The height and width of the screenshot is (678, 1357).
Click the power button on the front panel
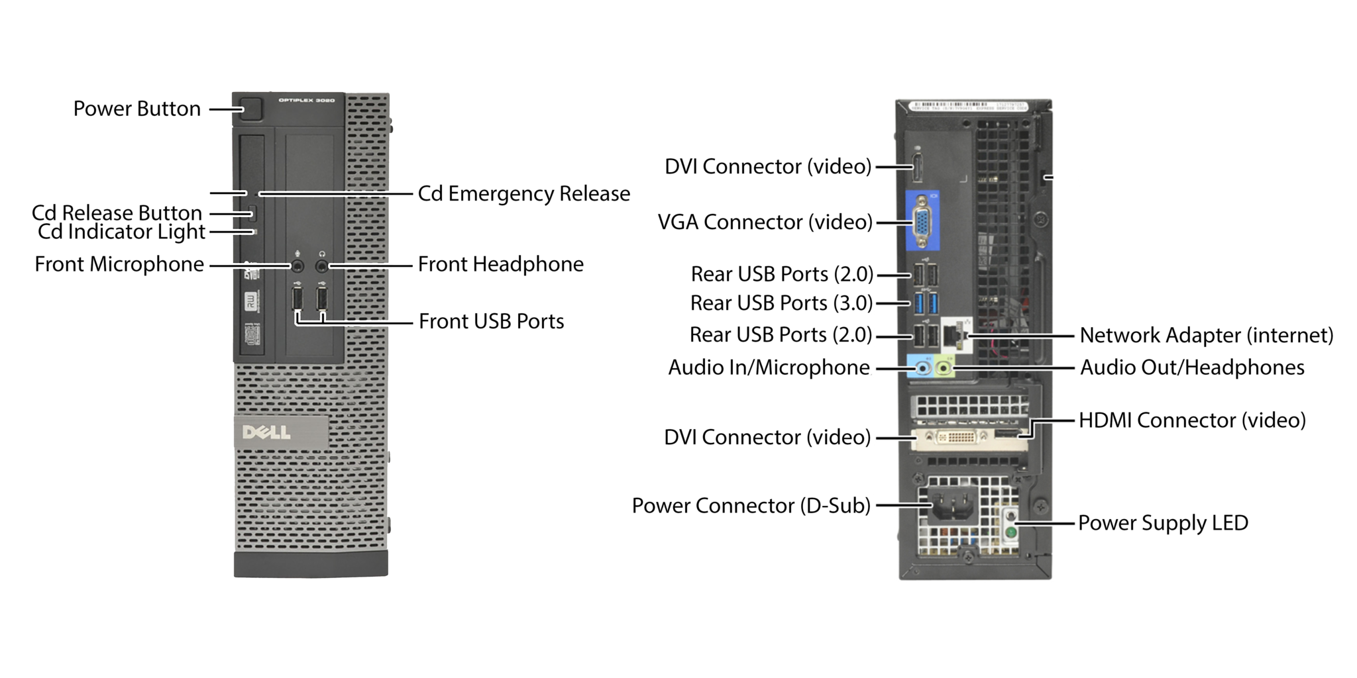(x=252, y=109)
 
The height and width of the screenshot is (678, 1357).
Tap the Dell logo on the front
(x=266, y=432)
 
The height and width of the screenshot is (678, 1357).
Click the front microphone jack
(x=298, y=266)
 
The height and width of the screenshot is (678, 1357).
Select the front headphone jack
(x=322, y=266)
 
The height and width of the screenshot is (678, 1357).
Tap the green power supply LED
(x=1010, y=532)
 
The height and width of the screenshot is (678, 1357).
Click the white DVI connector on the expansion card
(x=961, y=437)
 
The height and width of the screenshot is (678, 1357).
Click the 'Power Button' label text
(x=137, y=109)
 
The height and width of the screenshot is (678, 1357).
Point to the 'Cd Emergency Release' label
(x=523, y=193)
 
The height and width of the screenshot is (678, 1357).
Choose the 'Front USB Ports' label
(x=491, y=321)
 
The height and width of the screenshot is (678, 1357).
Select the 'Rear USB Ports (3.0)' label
(x=781, y=303)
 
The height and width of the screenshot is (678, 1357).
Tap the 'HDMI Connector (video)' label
(x=1192, y=420)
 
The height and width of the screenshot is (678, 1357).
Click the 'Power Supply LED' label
(x=1163, y=522)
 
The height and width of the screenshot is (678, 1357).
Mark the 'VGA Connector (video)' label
(x=765, y=222)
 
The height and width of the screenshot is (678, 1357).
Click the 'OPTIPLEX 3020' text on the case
(x=307, y=101)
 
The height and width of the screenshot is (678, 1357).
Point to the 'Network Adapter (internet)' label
(x=1206, y=335)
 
